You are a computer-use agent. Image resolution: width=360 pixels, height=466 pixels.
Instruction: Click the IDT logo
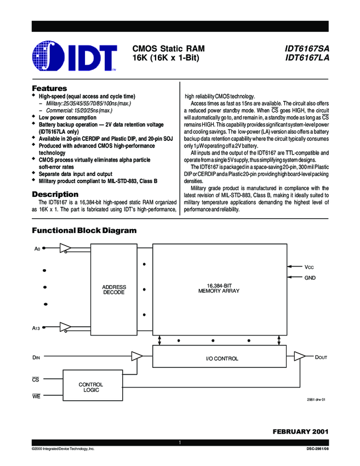pos(75,56)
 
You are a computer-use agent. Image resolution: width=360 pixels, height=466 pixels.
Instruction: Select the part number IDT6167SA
pos(307,48)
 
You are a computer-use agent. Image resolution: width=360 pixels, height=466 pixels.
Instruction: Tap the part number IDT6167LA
pos(307,58)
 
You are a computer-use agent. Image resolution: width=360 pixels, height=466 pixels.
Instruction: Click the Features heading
pos(49,88)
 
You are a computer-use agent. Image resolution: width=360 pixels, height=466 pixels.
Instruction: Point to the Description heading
pos(55,195)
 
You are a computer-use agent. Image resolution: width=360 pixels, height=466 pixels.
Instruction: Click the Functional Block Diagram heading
pos(84,230)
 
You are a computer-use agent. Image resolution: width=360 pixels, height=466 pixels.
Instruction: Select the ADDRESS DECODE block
pos(114,290)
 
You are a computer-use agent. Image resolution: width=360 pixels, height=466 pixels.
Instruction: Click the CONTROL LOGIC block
pos(93,385)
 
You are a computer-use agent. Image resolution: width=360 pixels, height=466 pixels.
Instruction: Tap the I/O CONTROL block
pos(220,356)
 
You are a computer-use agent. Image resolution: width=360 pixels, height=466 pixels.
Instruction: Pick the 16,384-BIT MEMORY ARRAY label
pos(219,288)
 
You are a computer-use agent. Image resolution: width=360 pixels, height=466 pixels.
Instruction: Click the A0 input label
pos(37,249)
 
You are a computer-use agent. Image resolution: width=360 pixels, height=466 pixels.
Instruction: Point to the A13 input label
pos(36,328)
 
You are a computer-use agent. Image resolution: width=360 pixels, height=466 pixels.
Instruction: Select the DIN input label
pos(36,357)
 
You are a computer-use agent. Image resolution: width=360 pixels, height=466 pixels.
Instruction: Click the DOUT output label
pos(321,357)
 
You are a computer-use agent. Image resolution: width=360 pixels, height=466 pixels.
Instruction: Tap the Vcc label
pos(309,267)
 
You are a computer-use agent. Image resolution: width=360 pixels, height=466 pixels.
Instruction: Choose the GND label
pos(310,278)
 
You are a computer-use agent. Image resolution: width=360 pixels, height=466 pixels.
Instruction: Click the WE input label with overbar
pos(36,396)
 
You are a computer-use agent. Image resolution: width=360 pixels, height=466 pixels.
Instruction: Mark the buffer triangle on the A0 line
pos(65,248)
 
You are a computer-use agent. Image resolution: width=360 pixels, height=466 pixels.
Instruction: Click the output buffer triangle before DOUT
pos(299,356)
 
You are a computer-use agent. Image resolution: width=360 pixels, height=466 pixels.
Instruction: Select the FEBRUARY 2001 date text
pos(301,431)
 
